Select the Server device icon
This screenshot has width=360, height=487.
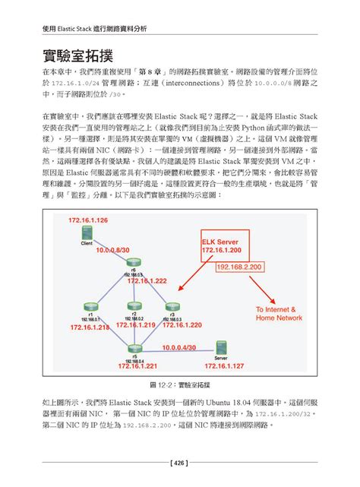click(221, 348)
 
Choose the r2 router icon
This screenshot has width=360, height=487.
click(134, 305)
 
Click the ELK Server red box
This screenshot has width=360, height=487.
click(221, 245)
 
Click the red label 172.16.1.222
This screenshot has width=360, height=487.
click(147, 280)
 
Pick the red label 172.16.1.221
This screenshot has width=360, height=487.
click(137, 365)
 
